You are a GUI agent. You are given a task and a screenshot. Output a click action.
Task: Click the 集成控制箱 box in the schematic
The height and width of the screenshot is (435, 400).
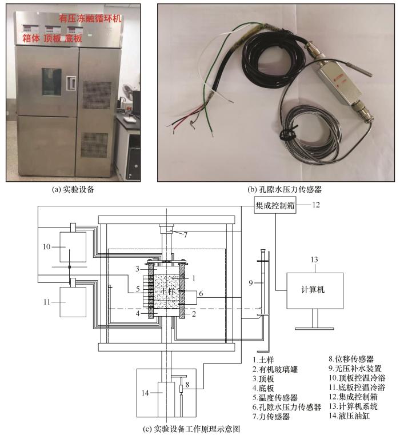click(x=275, y=205)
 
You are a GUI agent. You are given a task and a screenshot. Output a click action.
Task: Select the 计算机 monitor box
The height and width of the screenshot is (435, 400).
click(x=315, y=290)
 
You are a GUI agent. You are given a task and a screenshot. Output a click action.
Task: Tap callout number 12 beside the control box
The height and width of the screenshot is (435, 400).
click(x=316, y=205)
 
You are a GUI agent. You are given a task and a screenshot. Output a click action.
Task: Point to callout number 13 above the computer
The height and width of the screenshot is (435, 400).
click(x=314, y=260)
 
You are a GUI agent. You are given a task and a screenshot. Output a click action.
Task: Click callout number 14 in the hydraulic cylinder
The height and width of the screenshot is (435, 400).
click(x=145, y=393)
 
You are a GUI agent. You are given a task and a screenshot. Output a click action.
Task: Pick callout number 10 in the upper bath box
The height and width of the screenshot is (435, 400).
click(x=47, y=246)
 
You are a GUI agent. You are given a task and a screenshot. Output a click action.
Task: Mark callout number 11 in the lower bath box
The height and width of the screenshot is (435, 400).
click(x=47, y=302)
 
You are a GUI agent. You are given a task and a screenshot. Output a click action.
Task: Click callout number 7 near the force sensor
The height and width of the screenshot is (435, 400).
click(x=185, y=235)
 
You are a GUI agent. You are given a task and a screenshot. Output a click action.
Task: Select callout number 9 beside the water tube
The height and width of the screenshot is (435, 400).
click(x=251, y=283)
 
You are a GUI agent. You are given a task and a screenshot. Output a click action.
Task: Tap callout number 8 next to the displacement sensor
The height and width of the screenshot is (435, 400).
click(x=187, y=385)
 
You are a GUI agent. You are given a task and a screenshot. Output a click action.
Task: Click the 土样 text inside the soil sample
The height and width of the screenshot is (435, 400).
click(x=168, y=292)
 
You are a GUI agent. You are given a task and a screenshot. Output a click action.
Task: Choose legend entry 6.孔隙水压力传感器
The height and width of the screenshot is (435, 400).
click(x=287, y=407)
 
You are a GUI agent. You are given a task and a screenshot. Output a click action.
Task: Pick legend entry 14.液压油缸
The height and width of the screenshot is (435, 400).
click(x=349, y=416)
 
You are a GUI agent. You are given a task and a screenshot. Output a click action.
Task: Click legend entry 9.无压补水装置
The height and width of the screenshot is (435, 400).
click(x=355, y=369)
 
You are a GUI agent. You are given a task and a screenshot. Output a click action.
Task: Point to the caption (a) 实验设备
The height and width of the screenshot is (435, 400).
click(x=73, y=189)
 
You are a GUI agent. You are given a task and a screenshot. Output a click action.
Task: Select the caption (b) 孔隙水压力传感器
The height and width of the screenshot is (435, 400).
click(x=285, y=189)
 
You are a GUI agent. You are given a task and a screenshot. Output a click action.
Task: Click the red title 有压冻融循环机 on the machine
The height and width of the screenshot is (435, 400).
click(x=90, y=18)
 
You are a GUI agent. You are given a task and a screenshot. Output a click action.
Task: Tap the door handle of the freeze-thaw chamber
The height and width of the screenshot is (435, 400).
click(x=71, y=83)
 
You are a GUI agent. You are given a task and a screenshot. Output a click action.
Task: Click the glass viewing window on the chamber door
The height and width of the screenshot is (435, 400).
click(x=52, y=82)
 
